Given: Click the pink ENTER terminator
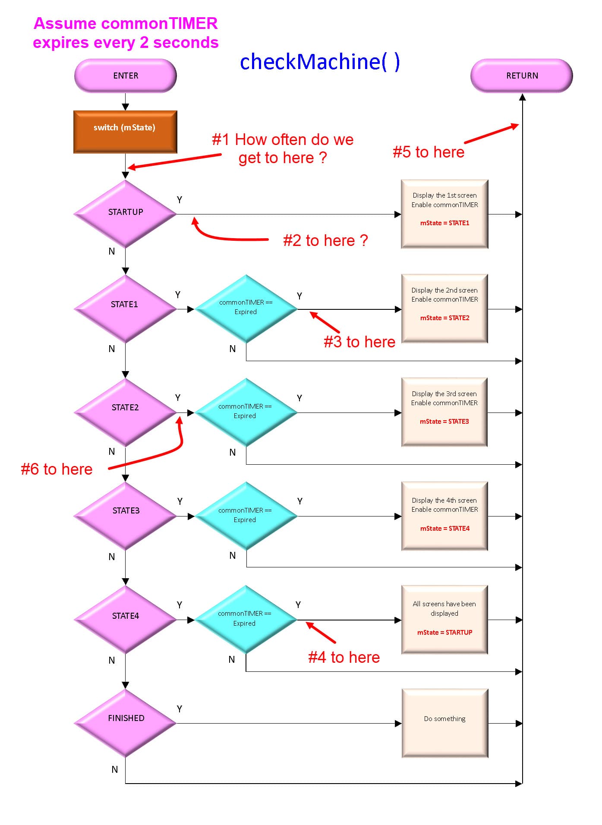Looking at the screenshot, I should pyautogui.click(x=125, y=76).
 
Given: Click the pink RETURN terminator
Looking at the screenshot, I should pyautogui.click(x=521, y=76).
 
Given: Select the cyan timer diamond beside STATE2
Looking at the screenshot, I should pyautogui.click(x=246, y=412).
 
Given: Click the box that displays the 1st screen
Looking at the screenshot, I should pyautogui.click(x=444, y=214).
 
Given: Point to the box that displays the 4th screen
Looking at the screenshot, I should pyautogui.click(x=444, y=516).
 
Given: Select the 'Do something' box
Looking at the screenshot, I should pyautogui.click(x=444, y=723).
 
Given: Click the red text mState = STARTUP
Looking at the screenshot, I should pyautogui.click(x=444, y=632).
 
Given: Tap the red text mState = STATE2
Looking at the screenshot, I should pyautogui.click(x=444, y=318).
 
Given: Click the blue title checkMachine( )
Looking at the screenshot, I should pyautogui.click(x=320, y=62).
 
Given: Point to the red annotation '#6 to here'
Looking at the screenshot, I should pyautogui.click(x=57, y=469).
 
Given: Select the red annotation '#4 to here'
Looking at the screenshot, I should pyautogui.click(x=344, y=657).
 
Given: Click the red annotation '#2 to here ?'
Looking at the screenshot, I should pyautogui.click(x=325, y=240).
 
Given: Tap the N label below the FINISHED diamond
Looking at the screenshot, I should pyautogui.click(x=115, y=769).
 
